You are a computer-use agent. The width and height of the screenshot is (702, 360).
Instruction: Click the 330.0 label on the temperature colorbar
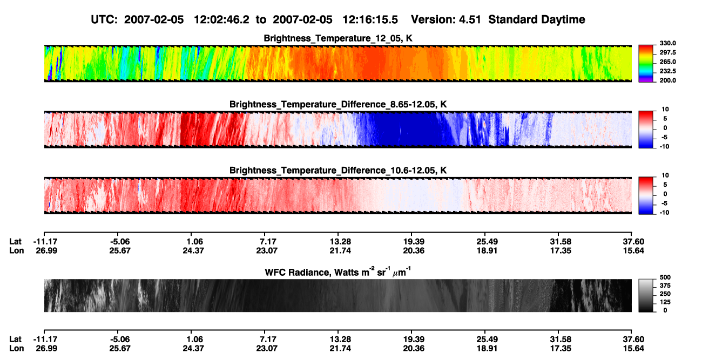pyautogui.click(x=667, y=43)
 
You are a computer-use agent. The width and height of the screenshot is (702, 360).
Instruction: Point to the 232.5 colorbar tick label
pyautogui.click(x=667, y=71)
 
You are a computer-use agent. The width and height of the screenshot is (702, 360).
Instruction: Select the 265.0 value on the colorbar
pyautogui.click(x=667, y=62)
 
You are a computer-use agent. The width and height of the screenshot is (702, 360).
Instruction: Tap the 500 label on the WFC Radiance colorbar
pyautogui.click(x=665, y=277)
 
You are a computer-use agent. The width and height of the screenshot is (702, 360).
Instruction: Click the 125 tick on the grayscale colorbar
pyautogui.click(x=665, y=302)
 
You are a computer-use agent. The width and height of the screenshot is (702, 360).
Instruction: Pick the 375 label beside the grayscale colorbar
pyautogui.click(x=665, y=286)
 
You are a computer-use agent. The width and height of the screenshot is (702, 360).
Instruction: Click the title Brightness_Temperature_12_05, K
pyautogui.click(x=338, y=38)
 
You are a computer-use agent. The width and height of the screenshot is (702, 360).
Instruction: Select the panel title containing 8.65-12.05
pyautogui.click(x=338, y=104)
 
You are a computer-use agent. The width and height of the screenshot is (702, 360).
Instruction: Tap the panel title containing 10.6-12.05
pyautogui.click(x=338, y=171)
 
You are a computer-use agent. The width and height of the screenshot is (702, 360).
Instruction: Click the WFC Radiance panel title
pyautogui.click(x=338, y=272)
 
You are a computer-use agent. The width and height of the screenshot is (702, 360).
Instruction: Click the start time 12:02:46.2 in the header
pyautogui.click(x=221, y=20)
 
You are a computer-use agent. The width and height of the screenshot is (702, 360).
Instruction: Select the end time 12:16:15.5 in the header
pyautogui.click(x=370, y=20)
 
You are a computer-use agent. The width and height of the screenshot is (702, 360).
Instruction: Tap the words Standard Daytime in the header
pyautogui.click(x=537, y=20)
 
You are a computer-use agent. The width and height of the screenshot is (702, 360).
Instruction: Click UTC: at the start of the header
pyautogui.click(x=104, y=20)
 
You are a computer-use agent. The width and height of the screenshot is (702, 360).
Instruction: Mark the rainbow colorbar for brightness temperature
pyautogui.click(x=646, y=64)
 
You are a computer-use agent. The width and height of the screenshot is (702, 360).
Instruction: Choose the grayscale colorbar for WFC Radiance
pyautogui.click(x=646, y=295)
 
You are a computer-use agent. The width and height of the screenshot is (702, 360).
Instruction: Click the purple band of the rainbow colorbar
pyautogui.click(x=646, y=80)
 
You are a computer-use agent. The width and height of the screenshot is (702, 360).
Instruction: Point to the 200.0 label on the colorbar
pyautogui.click(x=667, y=80)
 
